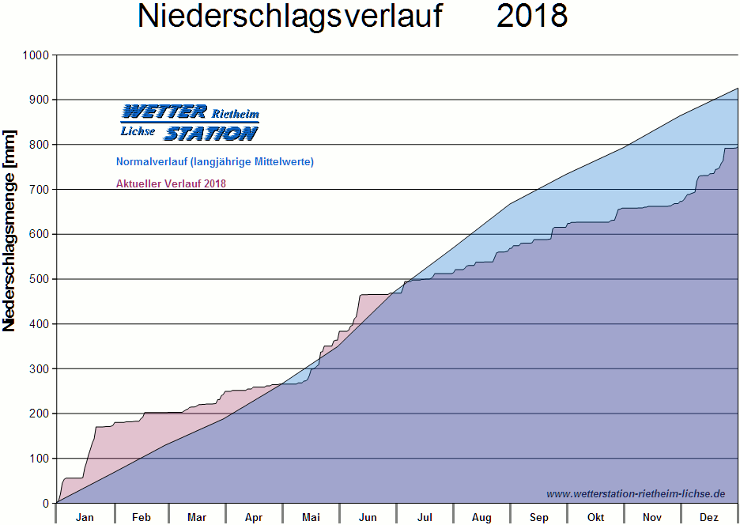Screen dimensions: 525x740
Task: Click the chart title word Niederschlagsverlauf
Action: (x=290, y=16)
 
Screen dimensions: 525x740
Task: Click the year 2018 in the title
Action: (x=532, y=16)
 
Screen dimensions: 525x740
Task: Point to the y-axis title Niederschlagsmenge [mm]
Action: (x=9, y=230)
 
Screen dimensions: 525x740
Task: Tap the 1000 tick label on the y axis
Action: (x=36, y=55)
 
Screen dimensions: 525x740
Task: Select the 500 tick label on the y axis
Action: (x=40, y=279)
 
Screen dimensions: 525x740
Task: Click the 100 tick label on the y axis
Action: (x=40, y=459)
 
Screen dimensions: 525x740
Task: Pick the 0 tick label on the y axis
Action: (x=46, y=504)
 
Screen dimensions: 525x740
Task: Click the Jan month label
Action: (x=85, y=518)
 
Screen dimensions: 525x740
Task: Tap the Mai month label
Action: (x=311, y=518)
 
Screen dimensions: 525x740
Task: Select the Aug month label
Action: (x=481, y=518)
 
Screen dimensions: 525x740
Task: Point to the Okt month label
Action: (x=595, y=518)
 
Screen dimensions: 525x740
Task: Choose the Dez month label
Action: (x=709, y=518)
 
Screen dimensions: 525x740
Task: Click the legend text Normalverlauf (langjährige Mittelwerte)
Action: (x=214, y=162)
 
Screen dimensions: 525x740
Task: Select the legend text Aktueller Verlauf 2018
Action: (x=171, y=184)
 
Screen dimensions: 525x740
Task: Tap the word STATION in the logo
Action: (x=210, y=134)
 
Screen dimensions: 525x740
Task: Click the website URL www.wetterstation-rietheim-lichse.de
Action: (x=635, y=493)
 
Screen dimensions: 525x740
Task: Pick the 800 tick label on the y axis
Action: (x=40, y=145)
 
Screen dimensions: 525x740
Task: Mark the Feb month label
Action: (x=141, y=518)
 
